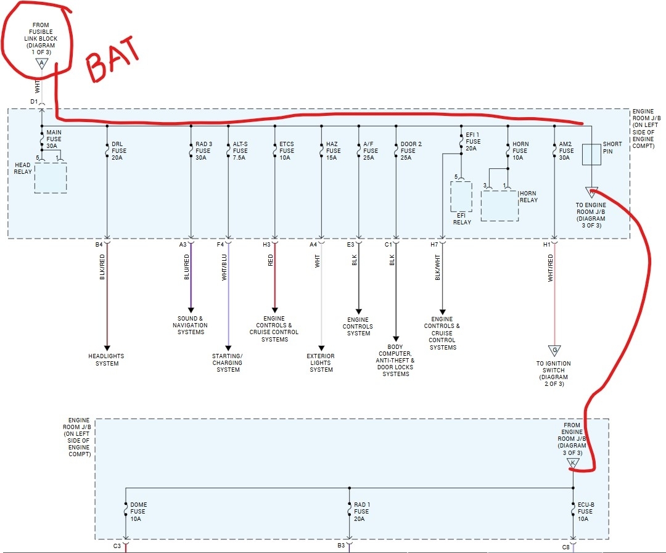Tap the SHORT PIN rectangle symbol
(x=591, y=155)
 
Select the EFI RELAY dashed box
(x=461, y=196)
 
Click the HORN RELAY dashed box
(x=499, y=205)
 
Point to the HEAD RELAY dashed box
(x=51, y=178)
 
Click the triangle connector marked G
(x=554, y=351)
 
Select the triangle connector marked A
(x=41, y=63)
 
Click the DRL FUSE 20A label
(x=117, y=150)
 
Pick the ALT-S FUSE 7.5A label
(x=240, y=150)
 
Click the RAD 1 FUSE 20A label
(x=361, y=512)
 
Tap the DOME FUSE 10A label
(x=139, y=512)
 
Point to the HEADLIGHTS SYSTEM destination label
(x=106, y=359)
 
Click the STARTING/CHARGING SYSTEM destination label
(x=228, y=363)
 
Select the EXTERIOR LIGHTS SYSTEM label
(x=321, y=363)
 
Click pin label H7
(x=434, y=245)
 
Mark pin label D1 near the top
(x=34, y=101)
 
